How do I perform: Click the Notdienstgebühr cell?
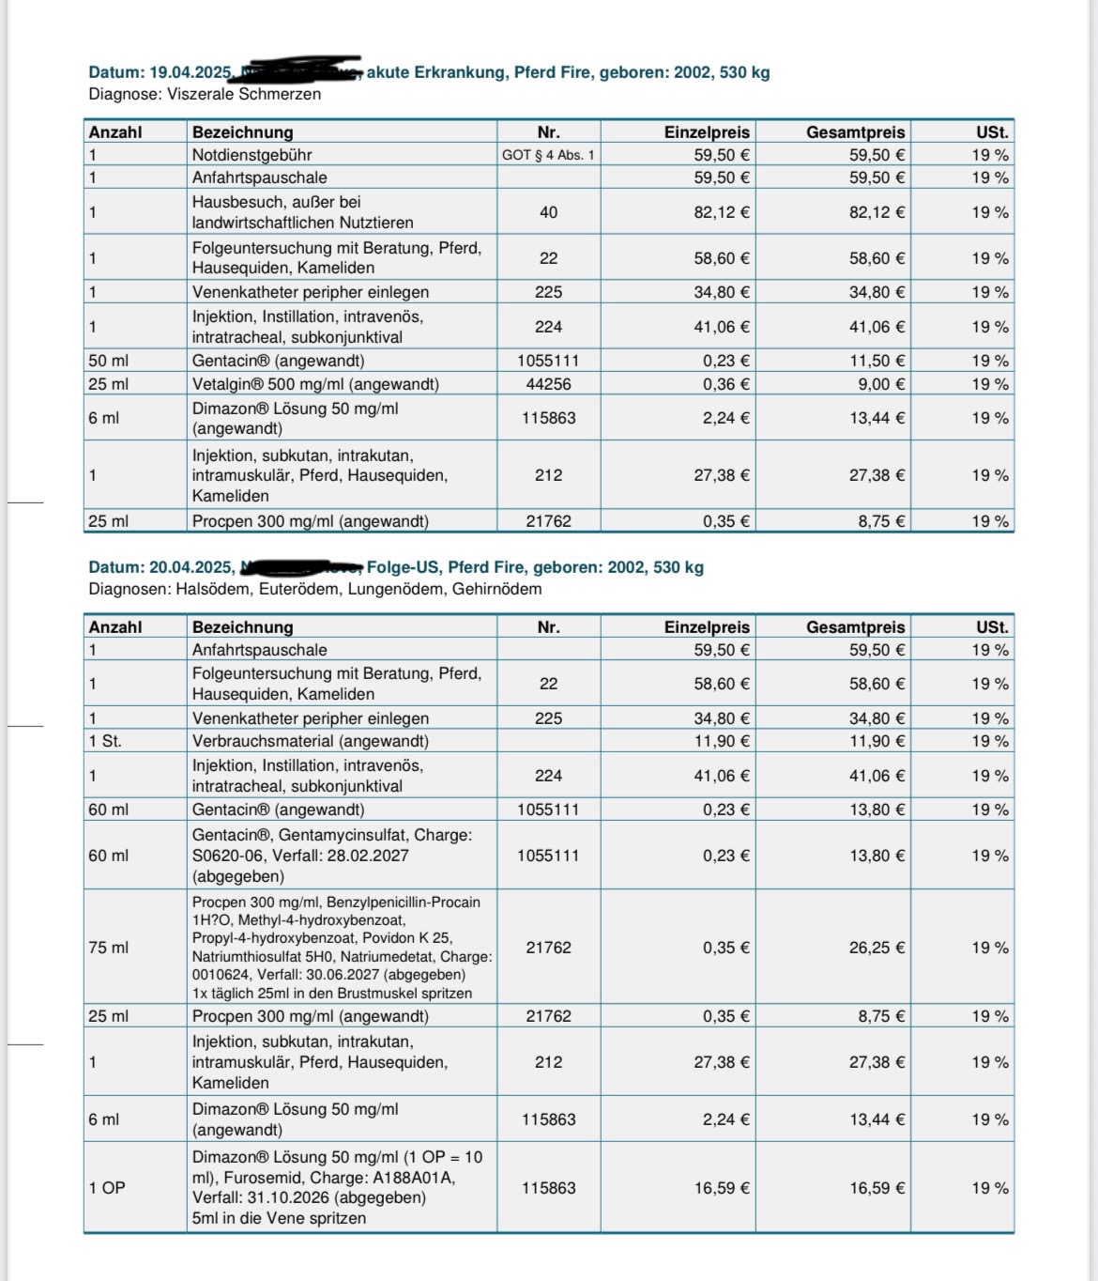point(252,155)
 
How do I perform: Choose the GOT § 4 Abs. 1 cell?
point(548,155)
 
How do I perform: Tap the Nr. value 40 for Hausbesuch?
point(548,212)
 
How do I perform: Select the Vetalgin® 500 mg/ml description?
point(315,384)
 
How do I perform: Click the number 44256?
point(548,384)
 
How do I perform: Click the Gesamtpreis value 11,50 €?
point(877,361)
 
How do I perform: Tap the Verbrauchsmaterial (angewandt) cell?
point(311,741)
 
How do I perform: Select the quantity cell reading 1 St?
point(105,741)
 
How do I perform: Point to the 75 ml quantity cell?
point(109,948)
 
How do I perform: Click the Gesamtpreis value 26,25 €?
point(877,948)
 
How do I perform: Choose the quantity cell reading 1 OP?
point(107,1188)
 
